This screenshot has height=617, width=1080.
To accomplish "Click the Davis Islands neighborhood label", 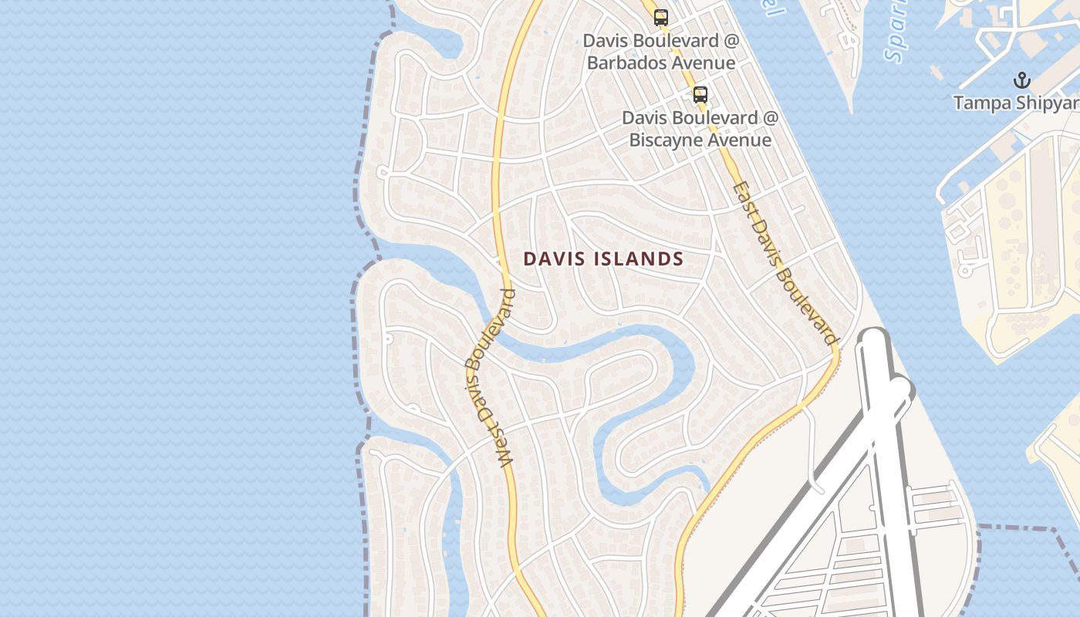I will click(603, 259).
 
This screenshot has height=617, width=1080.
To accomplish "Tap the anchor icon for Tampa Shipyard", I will click(1021, 80).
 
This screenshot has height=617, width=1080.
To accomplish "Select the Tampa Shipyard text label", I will click(1016, 103).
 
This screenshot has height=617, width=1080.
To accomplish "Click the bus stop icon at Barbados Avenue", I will click(661, 18).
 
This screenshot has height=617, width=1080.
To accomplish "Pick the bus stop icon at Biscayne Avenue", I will click(700, 95).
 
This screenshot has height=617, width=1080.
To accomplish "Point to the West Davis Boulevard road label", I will click(489, 378).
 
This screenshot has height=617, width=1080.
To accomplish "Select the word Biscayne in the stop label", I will click(665, 140).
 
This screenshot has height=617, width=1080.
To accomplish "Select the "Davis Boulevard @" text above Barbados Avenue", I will click(660, 40).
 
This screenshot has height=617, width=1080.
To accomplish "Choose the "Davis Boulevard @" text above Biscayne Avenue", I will click(700, 118).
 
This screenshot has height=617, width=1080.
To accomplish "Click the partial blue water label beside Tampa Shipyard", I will click(896, 35).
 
